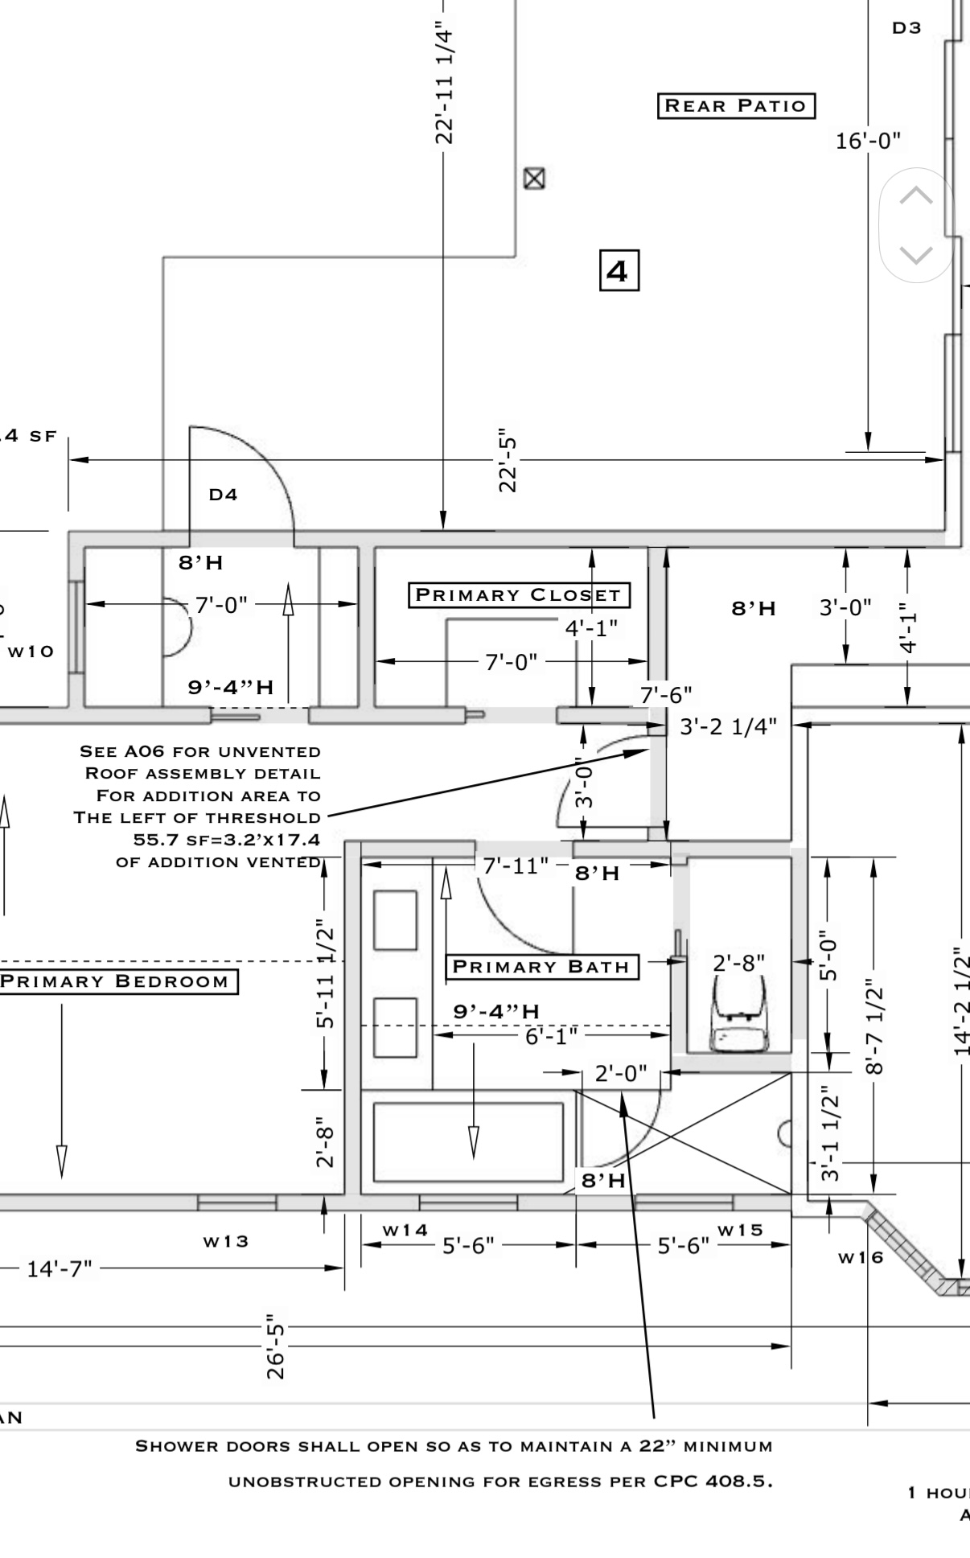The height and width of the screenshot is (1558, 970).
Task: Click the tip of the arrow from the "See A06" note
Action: tap(650, 750)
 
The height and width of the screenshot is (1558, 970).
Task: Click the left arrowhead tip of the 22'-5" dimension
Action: tap(70, 460)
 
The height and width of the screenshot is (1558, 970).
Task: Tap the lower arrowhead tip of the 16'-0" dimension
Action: tap(869, 451)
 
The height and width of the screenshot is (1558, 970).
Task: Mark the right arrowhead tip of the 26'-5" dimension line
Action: tap(790, 1345)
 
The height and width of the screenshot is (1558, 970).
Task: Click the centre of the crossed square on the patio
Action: tap(534, 178)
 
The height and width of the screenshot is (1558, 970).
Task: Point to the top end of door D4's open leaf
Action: tap(190, 426)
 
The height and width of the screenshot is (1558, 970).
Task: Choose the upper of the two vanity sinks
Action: tap(395, 919)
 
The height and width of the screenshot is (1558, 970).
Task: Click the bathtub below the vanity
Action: tap(468, 1142)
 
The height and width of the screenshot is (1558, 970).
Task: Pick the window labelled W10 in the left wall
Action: tap(76, 626)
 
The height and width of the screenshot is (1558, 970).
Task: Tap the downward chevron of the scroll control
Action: tap(915, 255)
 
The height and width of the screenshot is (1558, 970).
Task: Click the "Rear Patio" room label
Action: tap(736, 105)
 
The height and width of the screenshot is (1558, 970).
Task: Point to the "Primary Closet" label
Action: tap(519, 595)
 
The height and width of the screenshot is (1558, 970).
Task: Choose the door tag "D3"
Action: tap(906, 28)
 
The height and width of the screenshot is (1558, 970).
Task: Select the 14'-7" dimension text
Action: tap(60, 1268)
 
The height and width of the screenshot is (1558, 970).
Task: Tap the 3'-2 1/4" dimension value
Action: tap(729, 727)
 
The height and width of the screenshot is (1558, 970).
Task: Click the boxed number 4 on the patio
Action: tap(619, 270)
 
